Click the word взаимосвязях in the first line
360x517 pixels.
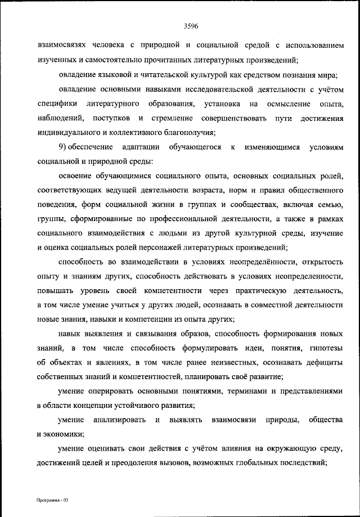point(63,46)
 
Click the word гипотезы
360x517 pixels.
point(322,349)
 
